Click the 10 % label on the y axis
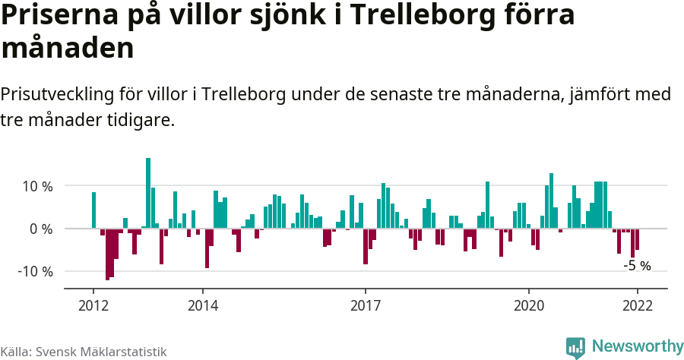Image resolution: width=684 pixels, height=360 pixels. click(x=37, y=186)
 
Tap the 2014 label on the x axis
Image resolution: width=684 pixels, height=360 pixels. click(x=202, y=305)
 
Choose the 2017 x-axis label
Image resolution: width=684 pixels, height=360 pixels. click(x=366, y=305)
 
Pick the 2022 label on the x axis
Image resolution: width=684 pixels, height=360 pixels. click(x=637, y=305)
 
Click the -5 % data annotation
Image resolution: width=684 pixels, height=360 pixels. click(x=637, y=266)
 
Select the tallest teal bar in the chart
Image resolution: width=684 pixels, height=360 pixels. click(x=148, y=193)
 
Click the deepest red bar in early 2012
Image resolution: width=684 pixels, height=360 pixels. click(x=107, y=254)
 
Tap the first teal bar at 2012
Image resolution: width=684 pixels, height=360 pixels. click(x=93, y=210)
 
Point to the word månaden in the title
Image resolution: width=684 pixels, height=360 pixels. click(x=68, y=48)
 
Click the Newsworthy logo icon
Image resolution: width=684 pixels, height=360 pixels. click(x=575, y=347)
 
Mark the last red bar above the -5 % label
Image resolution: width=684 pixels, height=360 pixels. click(x=637, y=239)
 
